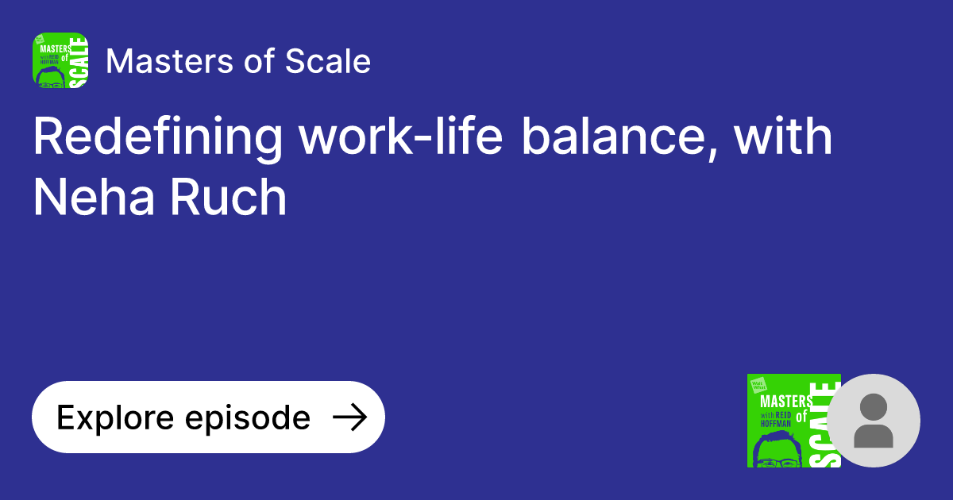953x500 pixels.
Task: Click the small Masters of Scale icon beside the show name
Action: point(60,60)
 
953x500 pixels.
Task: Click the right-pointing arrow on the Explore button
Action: point(349,417)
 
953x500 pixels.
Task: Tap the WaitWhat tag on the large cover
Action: point(758,385)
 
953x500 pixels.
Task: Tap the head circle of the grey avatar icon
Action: point(873,407)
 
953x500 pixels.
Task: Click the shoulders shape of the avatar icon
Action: point(873,436)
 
